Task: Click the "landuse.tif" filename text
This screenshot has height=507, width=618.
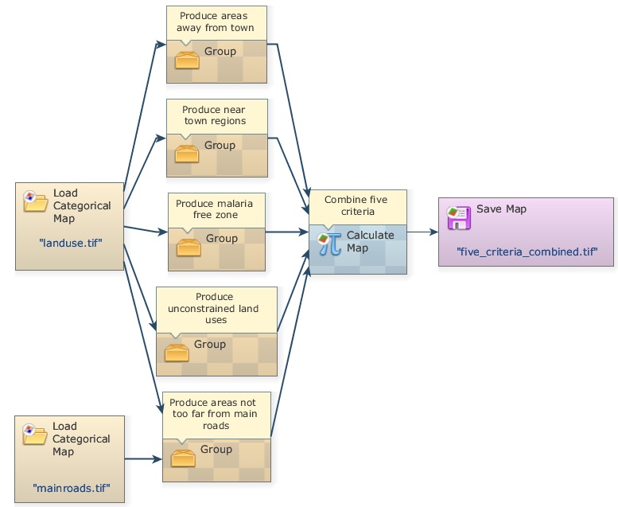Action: [x=69, y=241]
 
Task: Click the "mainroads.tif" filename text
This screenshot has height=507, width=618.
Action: [x=71, y=486]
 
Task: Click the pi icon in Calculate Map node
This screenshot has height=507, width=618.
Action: [x=329, y=242]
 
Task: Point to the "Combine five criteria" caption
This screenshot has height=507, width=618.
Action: [x=357, y=206]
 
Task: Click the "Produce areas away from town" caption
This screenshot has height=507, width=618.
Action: [x=216, y=21]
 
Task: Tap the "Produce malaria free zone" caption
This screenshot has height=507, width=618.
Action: [x=216, y=209]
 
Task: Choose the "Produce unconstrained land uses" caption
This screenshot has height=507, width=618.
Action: [x=216, y=308]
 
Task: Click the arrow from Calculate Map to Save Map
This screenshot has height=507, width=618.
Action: [x=422, y=232]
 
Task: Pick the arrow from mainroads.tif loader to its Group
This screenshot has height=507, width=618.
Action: [x=143, y=459]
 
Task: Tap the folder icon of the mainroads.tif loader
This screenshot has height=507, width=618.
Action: [x=36, y=434]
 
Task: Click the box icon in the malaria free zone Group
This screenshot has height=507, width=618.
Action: [x=188, y=246]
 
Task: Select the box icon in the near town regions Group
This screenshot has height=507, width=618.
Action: [x=186, y=153]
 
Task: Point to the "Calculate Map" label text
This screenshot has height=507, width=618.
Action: [x=370, y=241]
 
